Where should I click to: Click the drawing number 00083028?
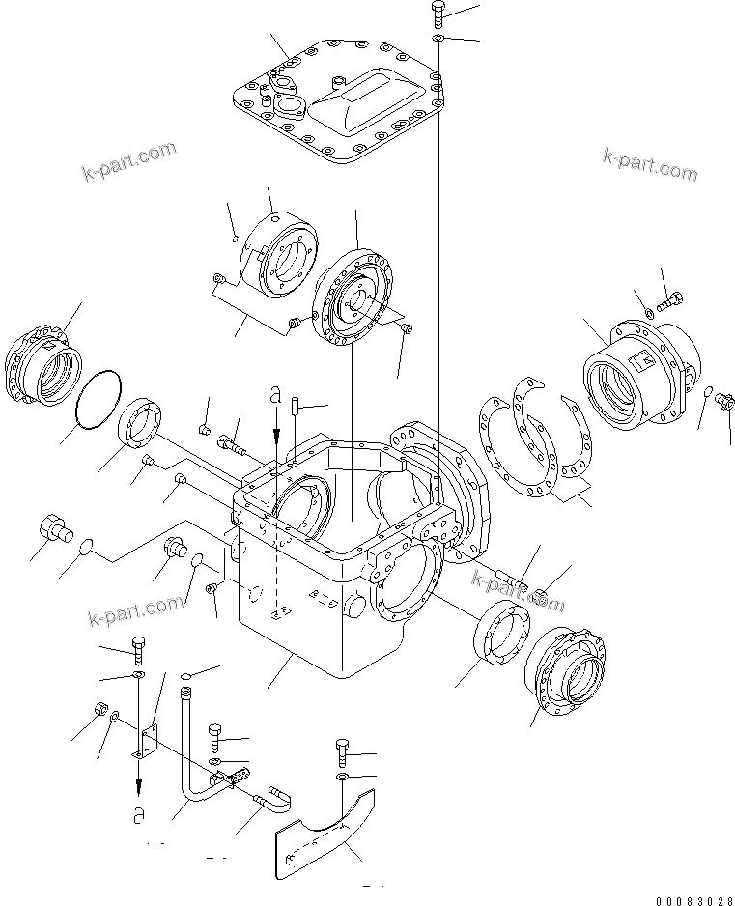click(x=692, y=900)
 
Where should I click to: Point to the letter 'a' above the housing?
click(x=276, y=396)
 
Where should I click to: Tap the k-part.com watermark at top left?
click(x=128, y=161)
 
